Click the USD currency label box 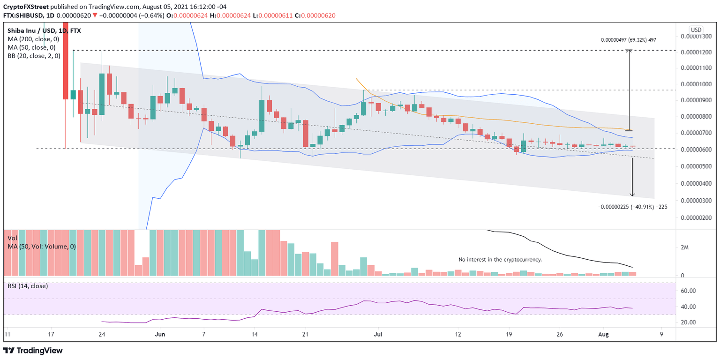(696, 30)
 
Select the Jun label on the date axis (160, 334)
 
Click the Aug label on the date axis (603, 334)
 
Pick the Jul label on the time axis (377, 334)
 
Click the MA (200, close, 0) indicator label (31, 39)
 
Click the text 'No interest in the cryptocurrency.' (500, 259)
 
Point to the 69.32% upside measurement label (628, 40)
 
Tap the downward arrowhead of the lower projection (632, 195)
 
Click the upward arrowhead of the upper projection (629, 51)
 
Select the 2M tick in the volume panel (685, 247)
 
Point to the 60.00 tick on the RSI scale (687, 291)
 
